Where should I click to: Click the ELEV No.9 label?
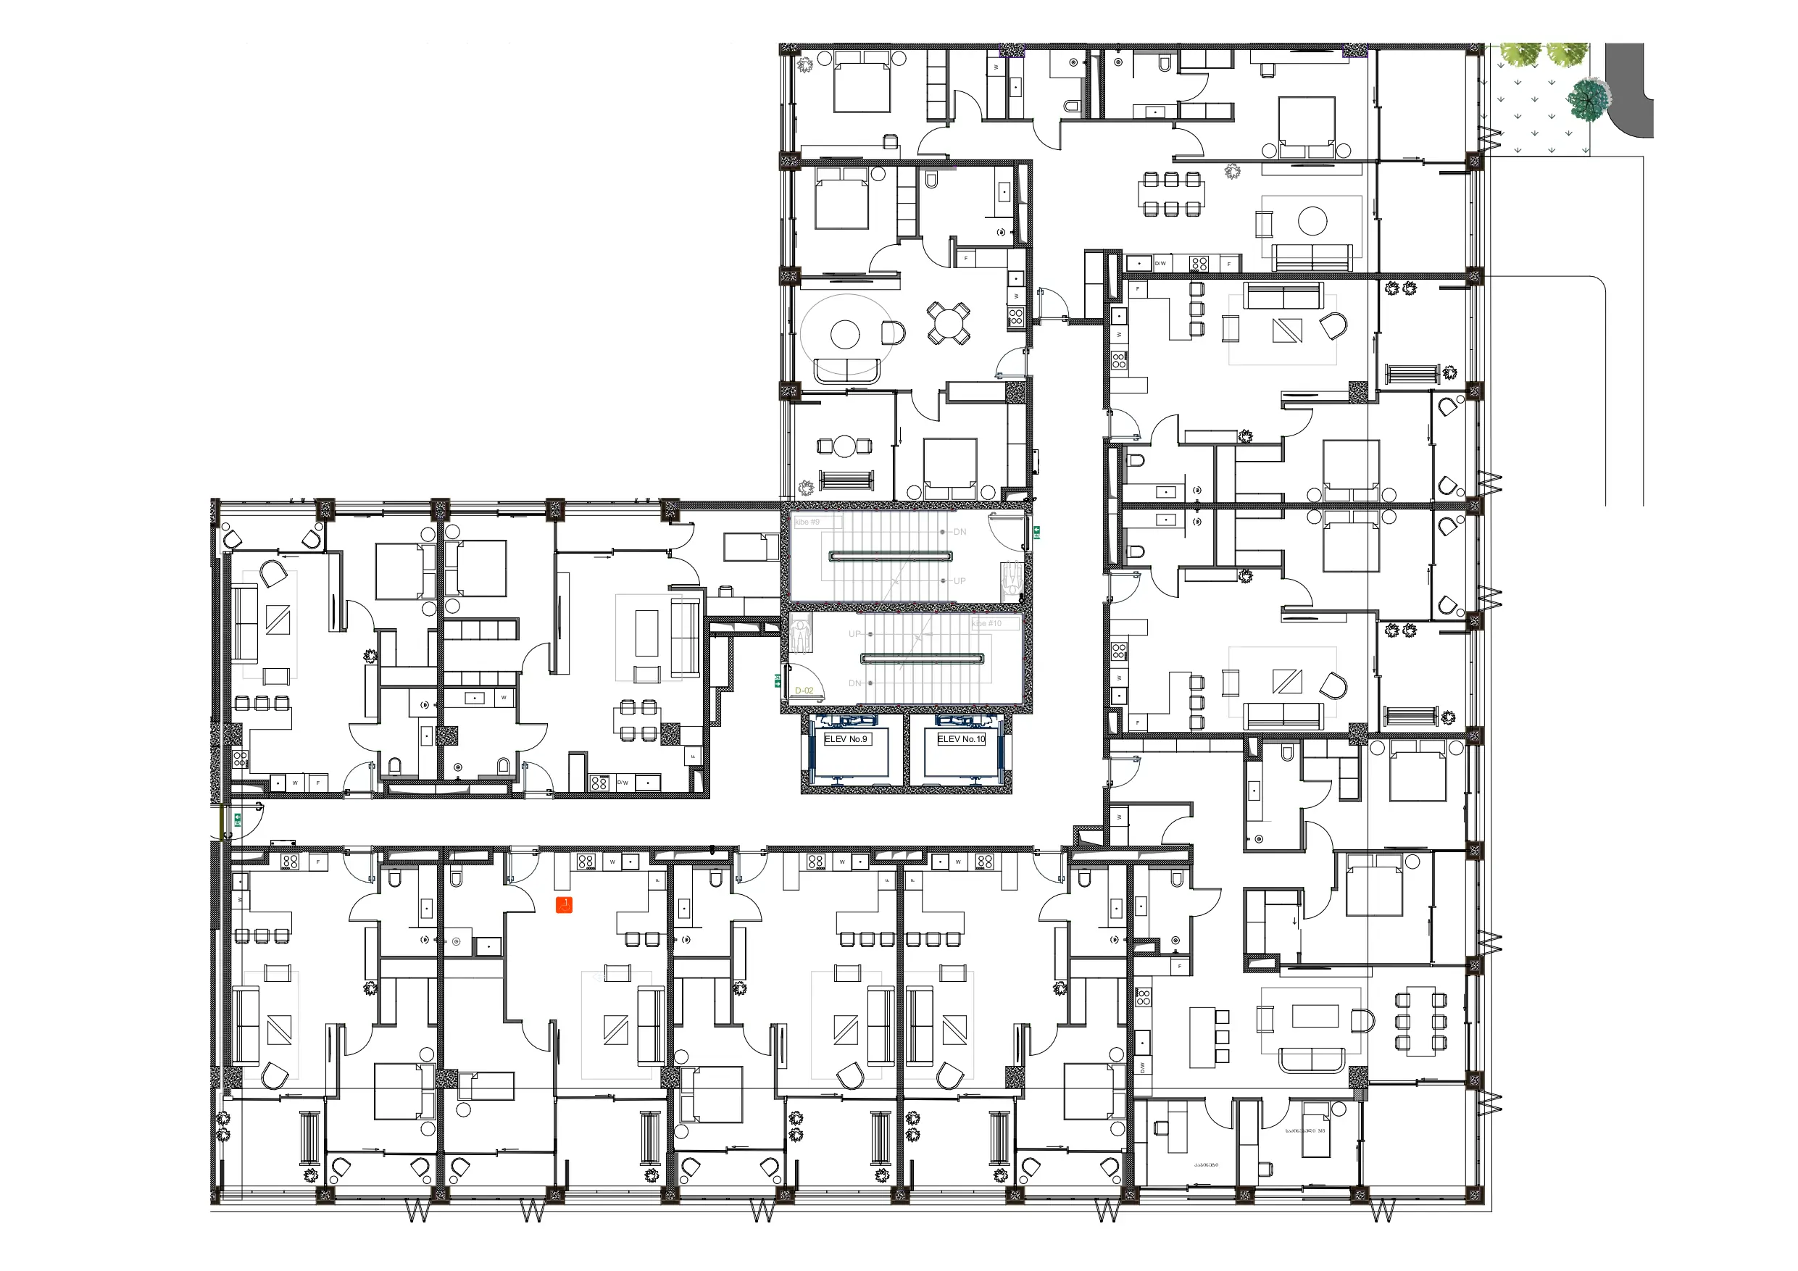tap(845, 738)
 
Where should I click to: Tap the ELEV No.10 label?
tap(961, 738)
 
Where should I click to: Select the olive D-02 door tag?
tap(804, 691)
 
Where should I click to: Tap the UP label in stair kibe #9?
tap(960, 581)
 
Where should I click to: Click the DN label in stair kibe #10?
tap(854, 683)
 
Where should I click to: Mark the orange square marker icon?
tap(564, 905)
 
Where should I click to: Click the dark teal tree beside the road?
tap(1587, 99)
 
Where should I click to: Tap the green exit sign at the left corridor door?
tap(236, 820)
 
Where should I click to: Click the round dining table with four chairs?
tap(949, 322)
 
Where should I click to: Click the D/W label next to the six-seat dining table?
tap(1160, 264)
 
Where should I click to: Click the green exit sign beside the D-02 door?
tap(778, 681)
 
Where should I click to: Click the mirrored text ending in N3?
tap(1305, 1131)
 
